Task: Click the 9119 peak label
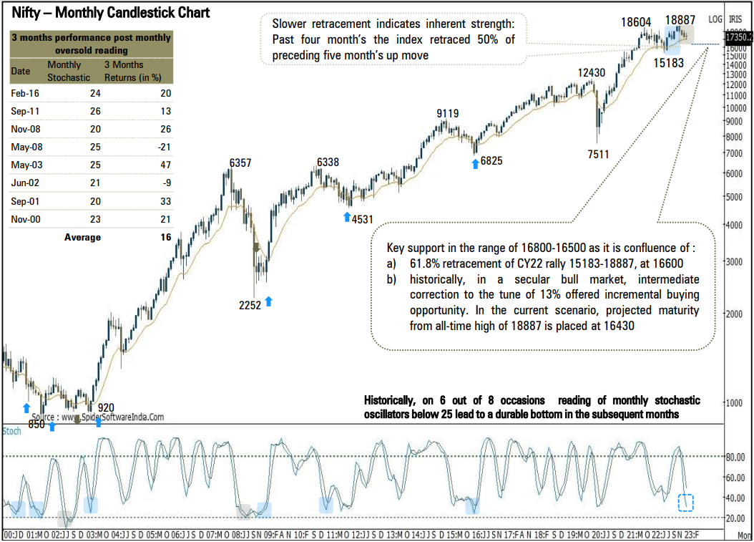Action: click(x=448, y=113)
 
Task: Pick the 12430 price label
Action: click(x=592, y=72)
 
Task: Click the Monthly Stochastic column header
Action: click(x=69, y=71)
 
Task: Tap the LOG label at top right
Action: click(x=715, y=19)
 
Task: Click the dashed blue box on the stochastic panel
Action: click(x=685, y=502)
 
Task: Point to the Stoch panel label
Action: click(x=12, y=432)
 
